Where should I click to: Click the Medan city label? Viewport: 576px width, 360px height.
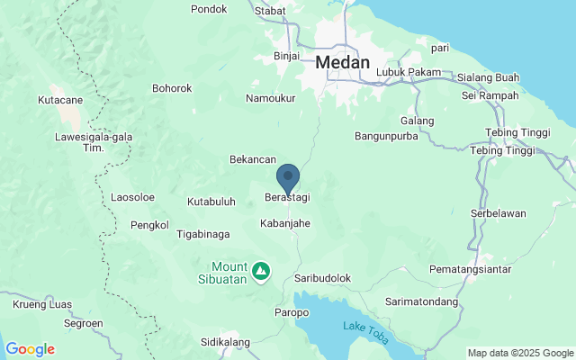(x=344, y=64)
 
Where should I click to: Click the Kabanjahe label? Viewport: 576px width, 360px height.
(x=285, y=222)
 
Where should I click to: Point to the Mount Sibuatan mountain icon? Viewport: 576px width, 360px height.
(x=260, y=270)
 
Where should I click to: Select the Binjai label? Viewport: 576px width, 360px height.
(x=286, y=56)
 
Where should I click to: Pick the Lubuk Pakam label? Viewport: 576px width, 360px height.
(x=409, y=72)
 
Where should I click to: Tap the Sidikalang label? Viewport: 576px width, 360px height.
(x=224, y=343)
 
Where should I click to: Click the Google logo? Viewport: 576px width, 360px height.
(x=30, y=349)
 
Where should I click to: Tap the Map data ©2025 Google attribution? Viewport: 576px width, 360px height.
(x=519, y=352)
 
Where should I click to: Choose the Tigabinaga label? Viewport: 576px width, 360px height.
(x=202, y=234)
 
